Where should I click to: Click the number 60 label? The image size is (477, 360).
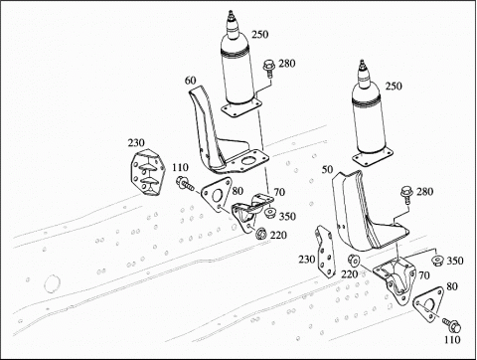click(x=190, y=81)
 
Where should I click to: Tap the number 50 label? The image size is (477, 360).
click(x=327, y=169)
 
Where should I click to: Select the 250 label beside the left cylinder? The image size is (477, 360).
click(x=259, y=34)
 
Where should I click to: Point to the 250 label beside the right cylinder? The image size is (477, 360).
click(x=394, y=86)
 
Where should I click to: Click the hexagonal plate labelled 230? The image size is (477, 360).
click(x=148, y=172)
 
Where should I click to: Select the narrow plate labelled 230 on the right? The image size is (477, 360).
click(x=325, y=252)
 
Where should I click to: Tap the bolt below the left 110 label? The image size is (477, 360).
click(x=185, y=183)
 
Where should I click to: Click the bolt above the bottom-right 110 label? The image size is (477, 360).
click(x=452, y=325)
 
